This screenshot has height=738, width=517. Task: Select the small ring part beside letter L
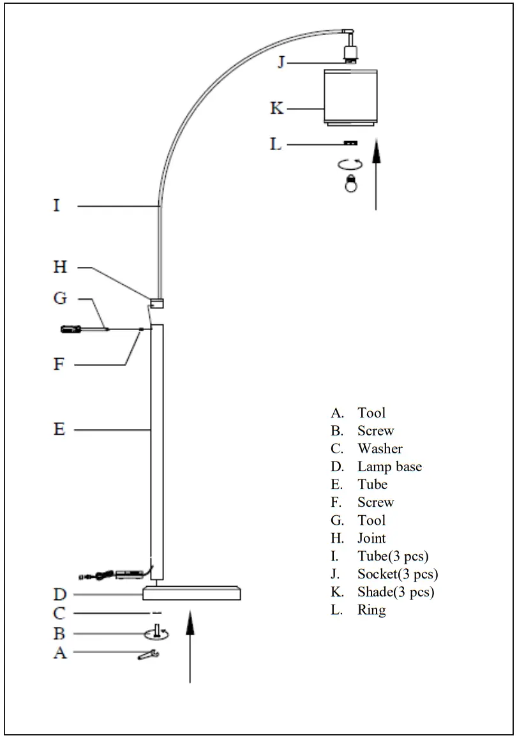350,144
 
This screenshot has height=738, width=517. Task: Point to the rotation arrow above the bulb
350,164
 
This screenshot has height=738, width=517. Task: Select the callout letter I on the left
57,206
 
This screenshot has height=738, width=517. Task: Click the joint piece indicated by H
157,304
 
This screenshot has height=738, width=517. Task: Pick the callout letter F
59,365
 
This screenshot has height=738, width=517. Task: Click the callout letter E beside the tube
59,430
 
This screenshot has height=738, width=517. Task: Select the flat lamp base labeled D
191,594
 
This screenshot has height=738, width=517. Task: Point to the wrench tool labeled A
148,654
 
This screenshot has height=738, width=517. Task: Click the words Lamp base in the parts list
389,467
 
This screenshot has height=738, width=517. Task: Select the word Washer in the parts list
380,449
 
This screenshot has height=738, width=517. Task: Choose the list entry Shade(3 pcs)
396,592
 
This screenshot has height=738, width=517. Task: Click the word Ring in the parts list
371,610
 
